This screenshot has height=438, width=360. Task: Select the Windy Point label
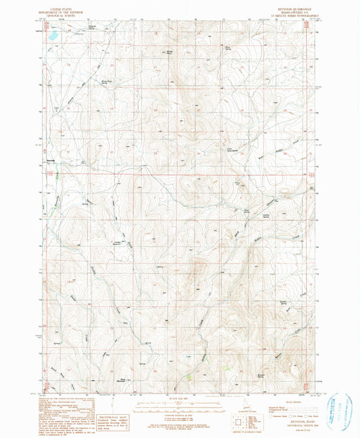tap(170, 51)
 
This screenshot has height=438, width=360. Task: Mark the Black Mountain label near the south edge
tap(122, 381)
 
